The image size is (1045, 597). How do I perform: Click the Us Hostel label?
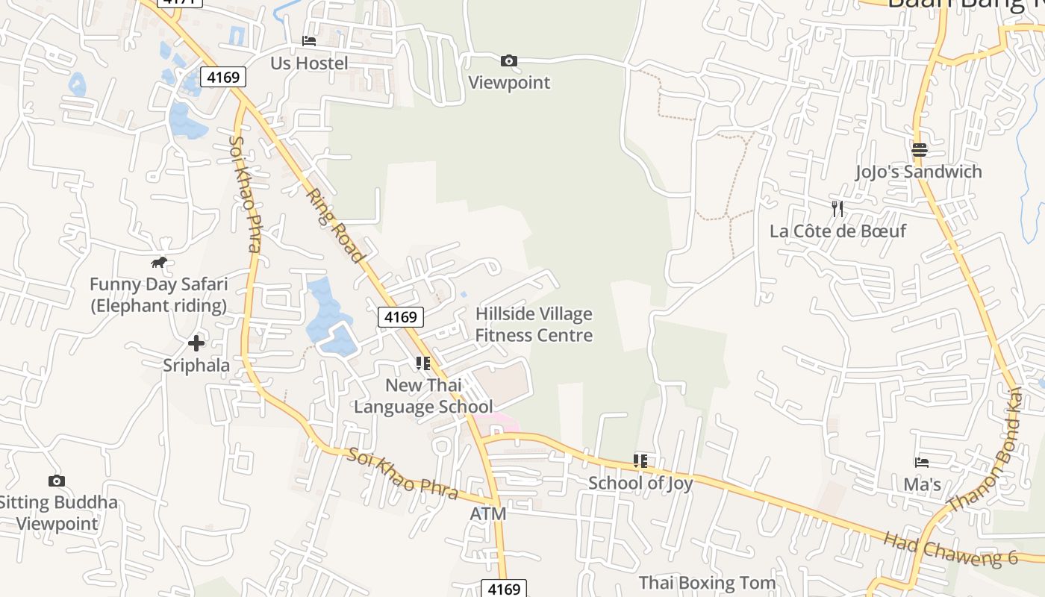coord(309,63)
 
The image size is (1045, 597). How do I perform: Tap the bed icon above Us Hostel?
coord(309,40)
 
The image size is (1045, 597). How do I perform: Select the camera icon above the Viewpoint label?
coord(509,60)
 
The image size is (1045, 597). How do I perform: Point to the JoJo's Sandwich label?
coord(918,172)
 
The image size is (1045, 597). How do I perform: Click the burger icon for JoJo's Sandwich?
coord(920,150)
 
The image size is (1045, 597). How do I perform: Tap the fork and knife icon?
coord(837,209)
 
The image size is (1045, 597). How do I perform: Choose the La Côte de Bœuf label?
coord(837,231)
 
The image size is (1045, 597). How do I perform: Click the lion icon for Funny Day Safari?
coord(159,262)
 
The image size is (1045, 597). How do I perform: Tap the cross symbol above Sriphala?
coord(196,343)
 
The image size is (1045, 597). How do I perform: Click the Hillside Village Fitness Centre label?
coord(534,325)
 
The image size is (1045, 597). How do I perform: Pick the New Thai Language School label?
coord(423,396)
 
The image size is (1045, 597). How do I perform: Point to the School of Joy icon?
coord(640,461)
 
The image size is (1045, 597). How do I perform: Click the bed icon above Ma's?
coord(922,463)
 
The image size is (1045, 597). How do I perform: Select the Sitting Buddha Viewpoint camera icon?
coord(56,481)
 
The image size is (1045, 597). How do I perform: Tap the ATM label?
coord(488,514)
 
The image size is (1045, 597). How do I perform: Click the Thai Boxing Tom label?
coord(707,583)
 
